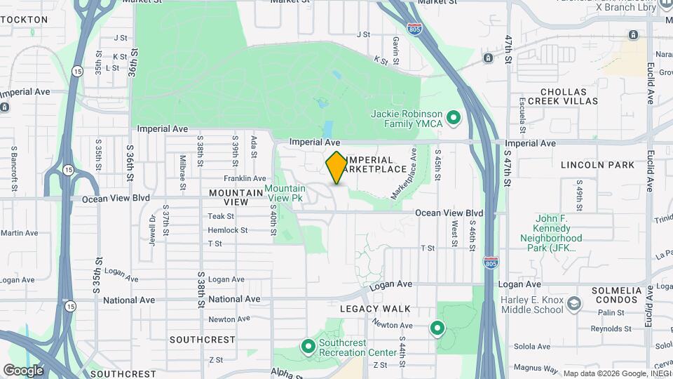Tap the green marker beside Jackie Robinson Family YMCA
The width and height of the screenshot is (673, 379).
(454, 117)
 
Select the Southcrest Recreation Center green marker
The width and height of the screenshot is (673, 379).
(307, 347)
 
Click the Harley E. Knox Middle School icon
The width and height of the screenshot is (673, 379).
(574, 303)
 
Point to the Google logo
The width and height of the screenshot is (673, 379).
(23, 370)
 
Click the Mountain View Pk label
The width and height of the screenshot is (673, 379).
(285, 193)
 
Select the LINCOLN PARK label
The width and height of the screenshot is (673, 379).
(597, 165)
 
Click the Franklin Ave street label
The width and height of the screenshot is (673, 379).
(245, 179)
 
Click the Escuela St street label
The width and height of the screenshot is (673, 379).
(522, 115)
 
